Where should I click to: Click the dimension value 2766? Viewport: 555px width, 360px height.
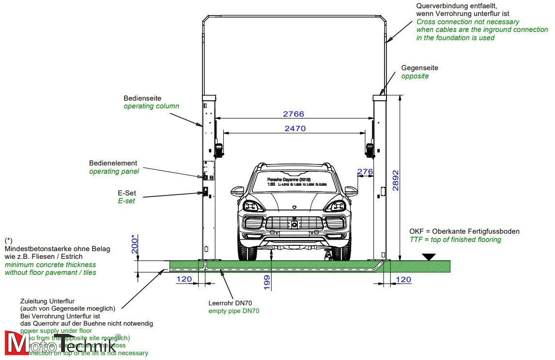pos(293,114)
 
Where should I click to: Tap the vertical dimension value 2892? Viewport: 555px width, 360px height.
pos(396,180)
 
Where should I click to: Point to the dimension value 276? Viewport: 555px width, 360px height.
pos(365,172)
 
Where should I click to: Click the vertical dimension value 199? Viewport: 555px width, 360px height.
pos(267,282)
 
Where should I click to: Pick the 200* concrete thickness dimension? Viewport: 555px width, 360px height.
pos(135,244)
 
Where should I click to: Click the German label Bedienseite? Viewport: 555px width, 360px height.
pos(142,98)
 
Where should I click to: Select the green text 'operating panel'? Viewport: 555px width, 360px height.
pos(114,171)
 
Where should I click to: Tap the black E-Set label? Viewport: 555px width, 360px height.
pos(126,193)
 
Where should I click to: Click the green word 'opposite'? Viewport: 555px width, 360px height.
pos(415,76)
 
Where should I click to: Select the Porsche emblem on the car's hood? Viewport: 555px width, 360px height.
pos(294,206)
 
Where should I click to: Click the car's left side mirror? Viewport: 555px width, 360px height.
pos(237,190)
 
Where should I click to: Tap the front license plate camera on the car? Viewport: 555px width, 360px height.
pos(293,225)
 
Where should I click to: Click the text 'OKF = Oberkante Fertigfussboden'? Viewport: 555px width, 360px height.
pos(464,231)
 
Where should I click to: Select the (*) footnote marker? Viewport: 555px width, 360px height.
pos(9,240)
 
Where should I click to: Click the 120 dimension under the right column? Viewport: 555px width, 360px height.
pos(403,280)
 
